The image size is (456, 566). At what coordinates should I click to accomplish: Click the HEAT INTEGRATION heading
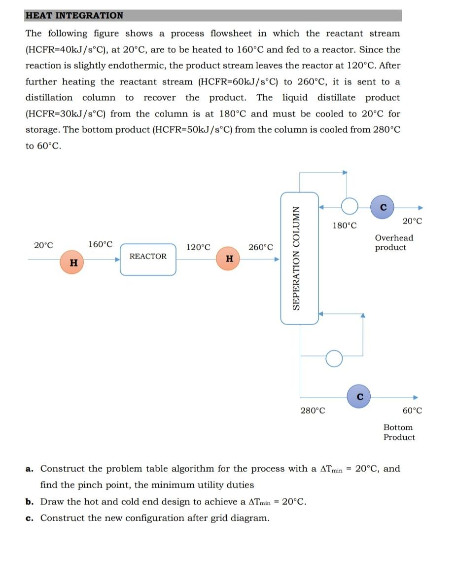point(74,15)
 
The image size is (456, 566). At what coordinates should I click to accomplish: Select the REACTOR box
point(148,259)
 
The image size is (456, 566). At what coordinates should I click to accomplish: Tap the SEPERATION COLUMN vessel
point(299,258)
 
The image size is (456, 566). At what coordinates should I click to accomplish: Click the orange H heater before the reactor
point(73,263)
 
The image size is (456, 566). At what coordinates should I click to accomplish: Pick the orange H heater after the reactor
point(228,258)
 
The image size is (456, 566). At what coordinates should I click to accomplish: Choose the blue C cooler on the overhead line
point(384,205)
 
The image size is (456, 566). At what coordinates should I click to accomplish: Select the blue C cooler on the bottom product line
point(359,396)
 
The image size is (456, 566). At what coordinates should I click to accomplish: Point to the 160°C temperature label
point(100,244)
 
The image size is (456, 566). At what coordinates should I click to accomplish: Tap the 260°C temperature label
point(261,247)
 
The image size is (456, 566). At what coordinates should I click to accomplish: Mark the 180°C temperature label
point(344,226)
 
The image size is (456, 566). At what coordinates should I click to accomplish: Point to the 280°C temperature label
point(313,411)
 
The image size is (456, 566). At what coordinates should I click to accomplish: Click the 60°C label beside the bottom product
point(412,411)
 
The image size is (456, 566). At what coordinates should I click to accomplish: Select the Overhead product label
point(394,242)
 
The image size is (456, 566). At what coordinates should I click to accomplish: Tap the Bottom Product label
point(399,432)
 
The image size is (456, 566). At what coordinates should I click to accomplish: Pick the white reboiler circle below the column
point(334,359)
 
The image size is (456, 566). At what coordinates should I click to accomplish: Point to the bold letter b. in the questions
point(29,502)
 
